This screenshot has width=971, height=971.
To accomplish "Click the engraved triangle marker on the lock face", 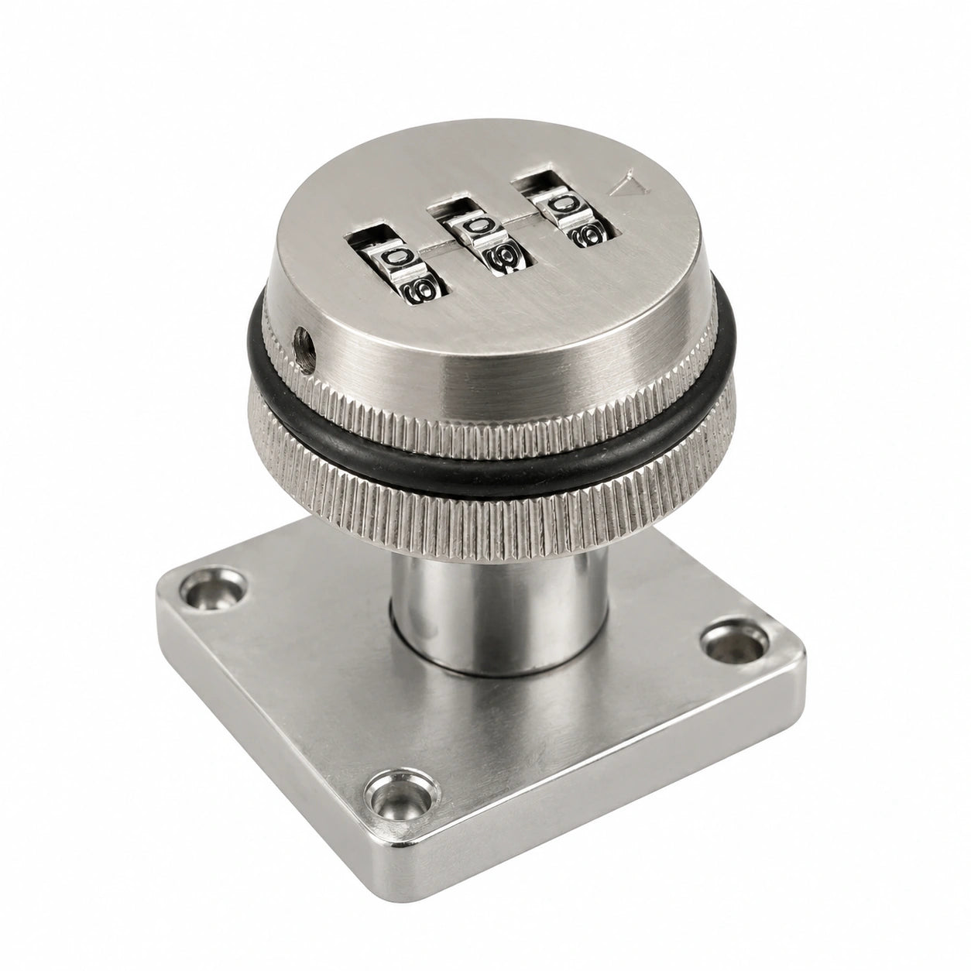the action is tap(631, 186).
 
